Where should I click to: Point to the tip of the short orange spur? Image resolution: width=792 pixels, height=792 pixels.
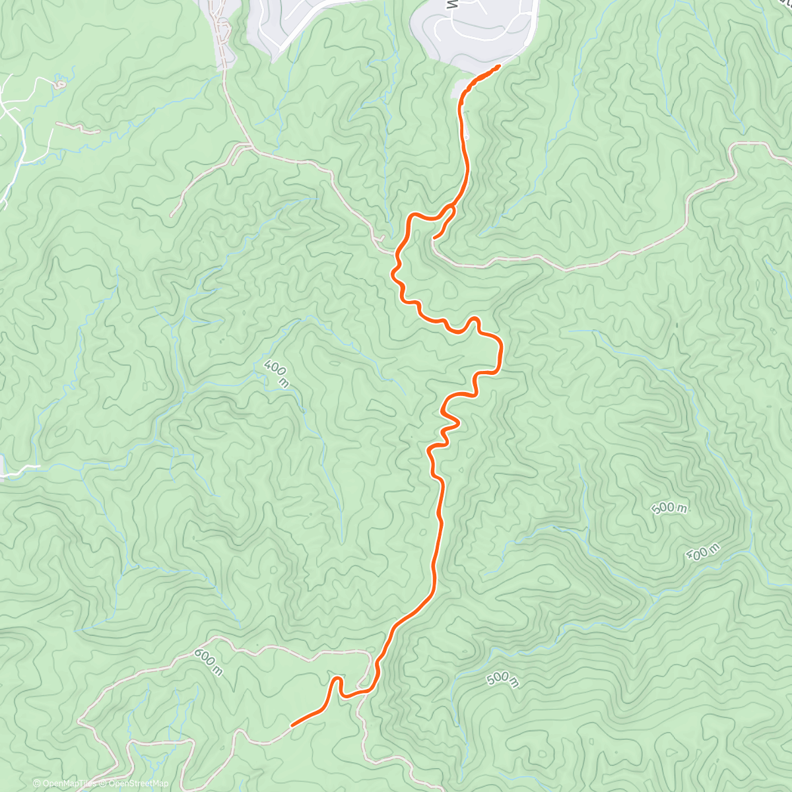coord(434,237)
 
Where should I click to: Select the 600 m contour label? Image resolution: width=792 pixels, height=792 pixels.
coord(209,661)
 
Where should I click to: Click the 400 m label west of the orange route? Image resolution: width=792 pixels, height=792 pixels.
coord(276,374)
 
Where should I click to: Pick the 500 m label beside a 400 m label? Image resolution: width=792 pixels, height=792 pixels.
coord(669,508)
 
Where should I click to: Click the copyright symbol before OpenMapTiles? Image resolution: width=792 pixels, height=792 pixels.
coord(36,783)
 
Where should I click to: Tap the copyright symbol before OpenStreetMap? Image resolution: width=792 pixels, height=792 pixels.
coord(104,783)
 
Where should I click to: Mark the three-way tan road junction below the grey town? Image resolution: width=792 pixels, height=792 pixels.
coord(250,147)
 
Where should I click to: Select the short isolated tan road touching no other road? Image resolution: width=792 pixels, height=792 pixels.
coord(77,127)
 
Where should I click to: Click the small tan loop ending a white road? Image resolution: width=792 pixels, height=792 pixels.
coord(60,84)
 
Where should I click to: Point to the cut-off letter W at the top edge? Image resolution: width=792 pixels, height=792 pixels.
coord(451,5)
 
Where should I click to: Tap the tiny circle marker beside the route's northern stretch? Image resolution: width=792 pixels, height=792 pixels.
coord(466,136)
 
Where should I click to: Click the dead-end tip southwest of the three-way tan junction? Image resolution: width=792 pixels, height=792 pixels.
coord(172,215)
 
